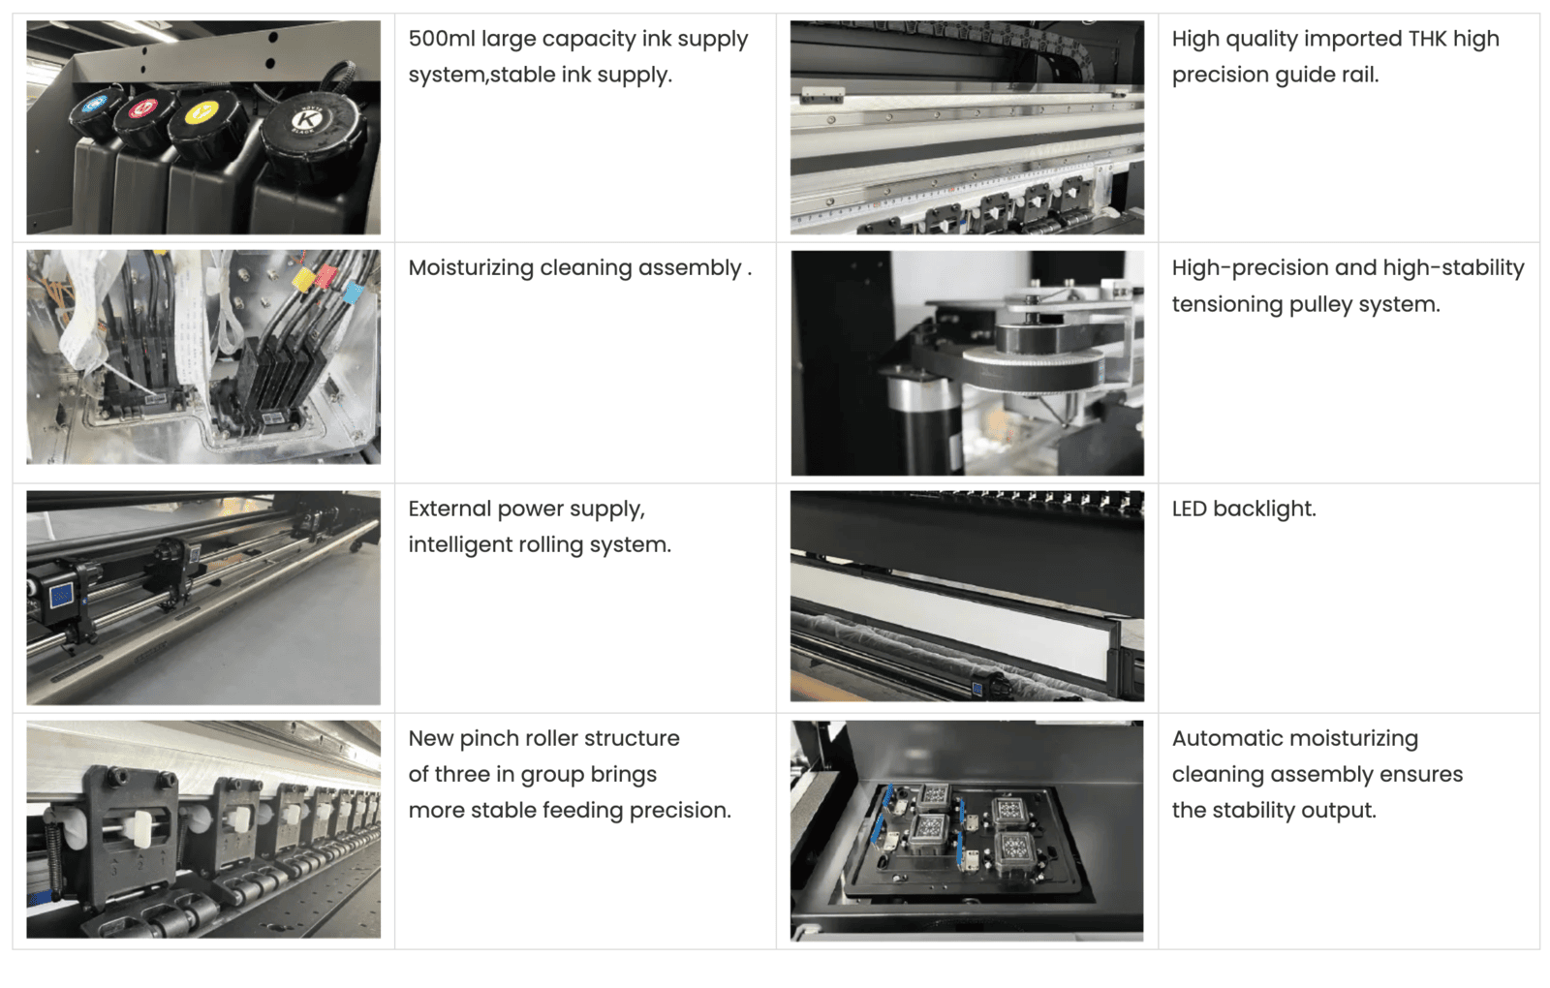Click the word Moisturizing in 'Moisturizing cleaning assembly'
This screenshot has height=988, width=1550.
point(471,268)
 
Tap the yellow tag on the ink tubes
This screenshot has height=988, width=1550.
point(303,279)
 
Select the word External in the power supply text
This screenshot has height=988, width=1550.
point(449,509)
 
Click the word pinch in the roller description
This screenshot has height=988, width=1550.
point(488,740)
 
